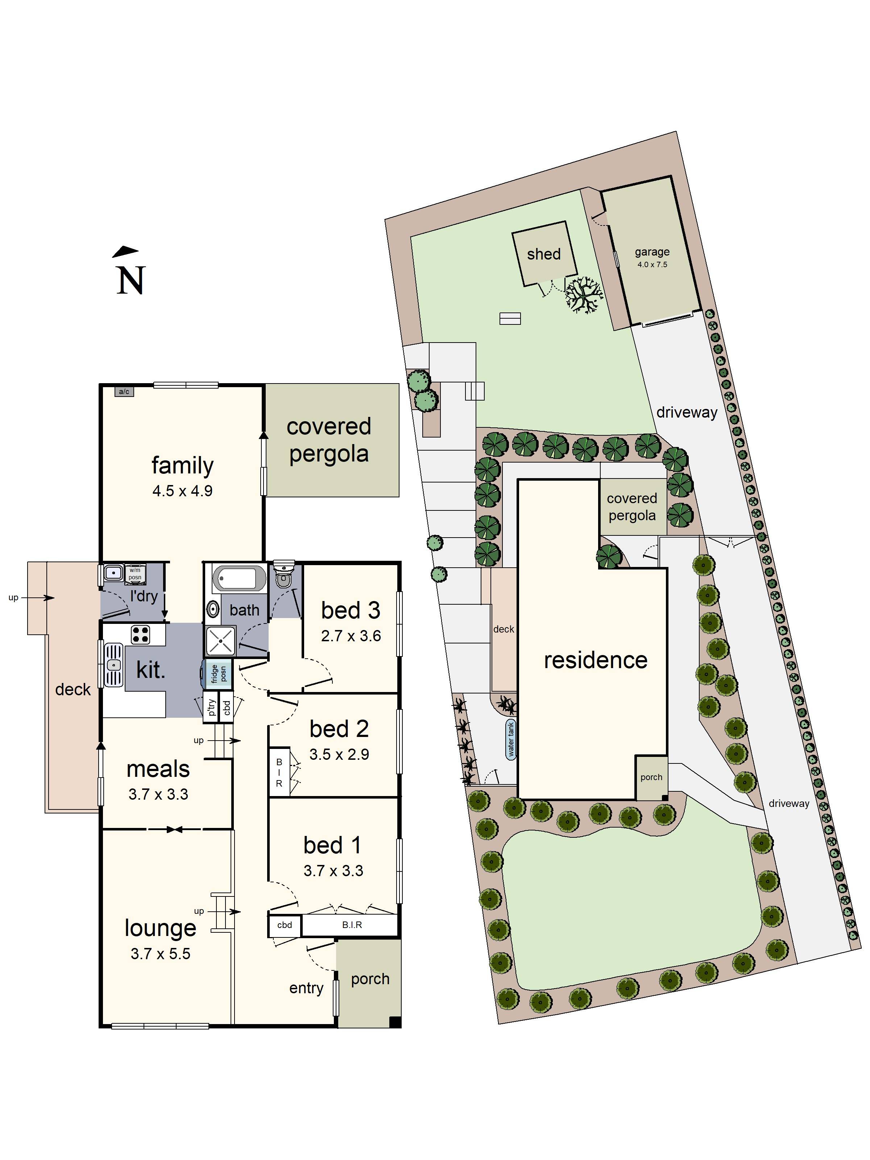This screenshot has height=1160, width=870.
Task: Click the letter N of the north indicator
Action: [130, 281]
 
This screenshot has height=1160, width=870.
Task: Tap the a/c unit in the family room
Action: [124, 391]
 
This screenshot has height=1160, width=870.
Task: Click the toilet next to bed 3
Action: [284, 575]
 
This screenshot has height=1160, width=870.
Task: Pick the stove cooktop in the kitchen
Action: [140, 634]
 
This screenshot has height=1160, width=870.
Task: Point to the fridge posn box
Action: [216, 674]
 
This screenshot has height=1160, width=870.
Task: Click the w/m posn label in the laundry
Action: [135, 574]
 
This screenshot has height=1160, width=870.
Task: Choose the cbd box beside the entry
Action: [285, 925]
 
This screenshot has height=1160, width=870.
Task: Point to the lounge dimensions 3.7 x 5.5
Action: [161, 953]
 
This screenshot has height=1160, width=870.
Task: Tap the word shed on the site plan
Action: [544, 254]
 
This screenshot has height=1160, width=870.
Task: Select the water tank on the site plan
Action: [511, 739]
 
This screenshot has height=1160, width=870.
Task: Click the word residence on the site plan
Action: [596, 660]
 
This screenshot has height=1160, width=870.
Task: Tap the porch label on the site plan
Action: [651, 777]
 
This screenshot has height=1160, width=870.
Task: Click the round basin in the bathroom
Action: [213, 609]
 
